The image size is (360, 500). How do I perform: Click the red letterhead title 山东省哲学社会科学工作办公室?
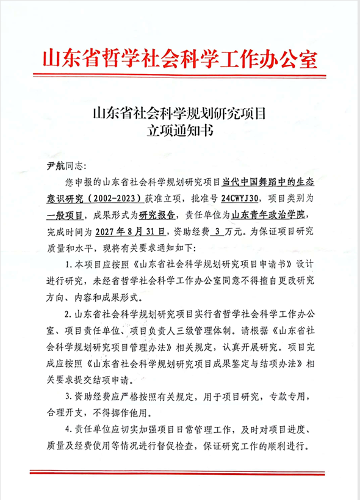point(180,59)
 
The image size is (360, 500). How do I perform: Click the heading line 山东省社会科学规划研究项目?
point(180,113)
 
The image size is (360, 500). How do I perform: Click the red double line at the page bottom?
point(180,471)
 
